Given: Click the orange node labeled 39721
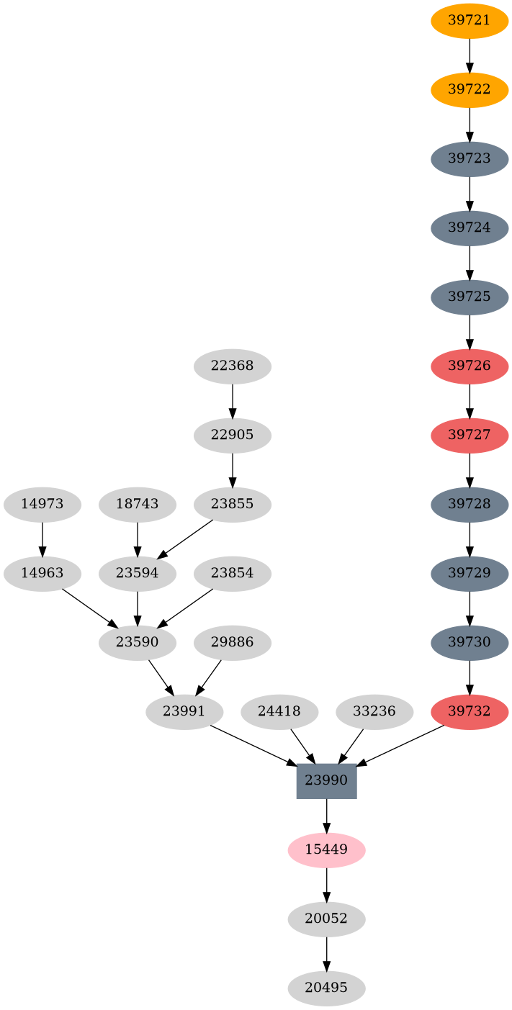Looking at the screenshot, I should click(x=470, y=20).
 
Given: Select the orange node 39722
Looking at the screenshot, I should click(x=470, y=89).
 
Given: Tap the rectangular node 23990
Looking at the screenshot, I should click(x=326, y=780).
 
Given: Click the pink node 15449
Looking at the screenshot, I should click(x=326, y=849).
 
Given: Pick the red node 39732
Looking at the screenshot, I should click(x=470, y=711).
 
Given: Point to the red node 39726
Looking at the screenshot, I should click(x=470, y=366).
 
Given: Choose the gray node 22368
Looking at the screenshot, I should click(x=232, y=366).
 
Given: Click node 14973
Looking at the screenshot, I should click(x=42, y=504).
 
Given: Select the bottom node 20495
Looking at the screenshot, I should click(x=326, y=988).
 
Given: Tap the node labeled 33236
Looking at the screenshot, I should click(x=374, y=711).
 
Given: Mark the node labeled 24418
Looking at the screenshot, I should click(x=279, y=711).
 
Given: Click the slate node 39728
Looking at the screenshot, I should click(x=470, y=504).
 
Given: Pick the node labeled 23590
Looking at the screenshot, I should click(x=137, y=642).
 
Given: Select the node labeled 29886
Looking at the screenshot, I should click(x=232, y=642).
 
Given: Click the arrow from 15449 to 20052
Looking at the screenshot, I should click(x=326, y=884).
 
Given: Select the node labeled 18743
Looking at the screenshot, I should click(x=137, y=504).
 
